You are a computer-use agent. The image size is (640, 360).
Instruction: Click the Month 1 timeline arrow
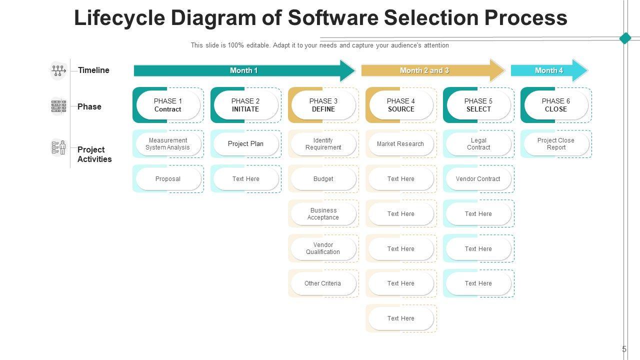(244, 70)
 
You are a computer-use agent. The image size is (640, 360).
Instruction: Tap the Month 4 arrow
(549, 70)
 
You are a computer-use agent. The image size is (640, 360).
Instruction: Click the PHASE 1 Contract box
(168, 105)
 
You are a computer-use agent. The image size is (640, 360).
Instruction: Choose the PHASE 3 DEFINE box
(323, 105)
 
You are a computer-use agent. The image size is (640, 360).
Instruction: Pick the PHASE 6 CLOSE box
(556, 105)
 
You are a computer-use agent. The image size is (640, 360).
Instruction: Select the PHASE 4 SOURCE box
(401, 105)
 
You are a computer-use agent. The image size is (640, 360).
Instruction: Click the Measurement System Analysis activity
(168, 144)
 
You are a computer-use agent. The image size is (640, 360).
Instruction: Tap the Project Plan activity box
(245, 144)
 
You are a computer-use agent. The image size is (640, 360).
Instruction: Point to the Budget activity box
(323, 179)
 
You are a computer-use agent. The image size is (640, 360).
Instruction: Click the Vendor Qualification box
(323, 248)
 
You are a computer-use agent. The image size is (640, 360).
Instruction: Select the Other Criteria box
(323, 283)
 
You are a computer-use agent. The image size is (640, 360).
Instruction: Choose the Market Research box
(401, 144)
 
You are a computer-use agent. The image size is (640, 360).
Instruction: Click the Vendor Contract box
(478, 179)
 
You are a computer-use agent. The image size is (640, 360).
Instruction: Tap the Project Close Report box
(556, 144)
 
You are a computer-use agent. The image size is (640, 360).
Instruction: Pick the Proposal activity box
(168, 179)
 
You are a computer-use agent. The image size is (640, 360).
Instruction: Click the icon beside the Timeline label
(58, 70)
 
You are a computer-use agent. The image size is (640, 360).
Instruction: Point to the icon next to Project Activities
(58, 148)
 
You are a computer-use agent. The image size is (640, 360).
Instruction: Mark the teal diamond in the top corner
(625, 38)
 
